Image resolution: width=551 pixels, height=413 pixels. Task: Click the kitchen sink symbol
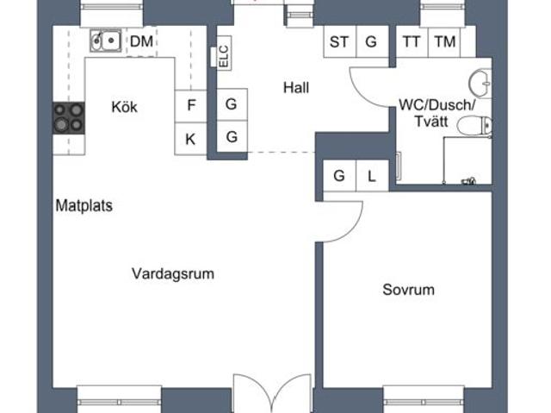point(105,41)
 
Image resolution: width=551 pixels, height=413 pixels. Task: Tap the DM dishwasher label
point(141,41)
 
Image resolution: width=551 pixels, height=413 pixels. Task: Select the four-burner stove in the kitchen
point(69,118)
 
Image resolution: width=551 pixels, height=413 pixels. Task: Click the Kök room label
point(124,107)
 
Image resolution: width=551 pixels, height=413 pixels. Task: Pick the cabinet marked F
point(191,106)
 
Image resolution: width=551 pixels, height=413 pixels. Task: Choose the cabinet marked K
point(191,139)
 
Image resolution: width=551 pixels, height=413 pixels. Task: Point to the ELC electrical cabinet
point(224,53)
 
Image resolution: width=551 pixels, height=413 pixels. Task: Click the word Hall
point(296,88)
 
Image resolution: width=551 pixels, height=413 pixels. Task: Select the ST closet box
point(339,41)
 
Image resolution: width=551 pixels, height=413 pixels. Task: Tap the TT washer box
point(412,41)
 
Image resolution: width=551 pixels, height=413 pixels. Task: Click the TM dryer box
point(445,41)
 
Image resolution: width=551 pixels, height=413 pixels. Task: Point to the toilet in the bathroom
point(474,126)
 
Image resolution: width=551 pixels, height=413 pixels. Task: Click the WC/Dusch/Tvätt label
point(436,113)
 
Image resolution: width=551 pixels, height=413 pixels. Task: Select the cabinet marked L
point(372,176)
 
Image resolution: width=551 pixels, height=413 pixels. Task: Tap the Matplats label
point(84,206)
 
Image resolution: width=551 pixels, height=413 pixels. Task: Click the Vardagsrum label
point(173,273)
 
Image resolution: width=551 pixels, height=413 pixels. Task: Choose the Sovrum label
point(408,290)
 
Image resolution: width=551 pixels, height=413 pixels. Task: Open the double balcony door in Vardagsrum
point(272,393)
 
